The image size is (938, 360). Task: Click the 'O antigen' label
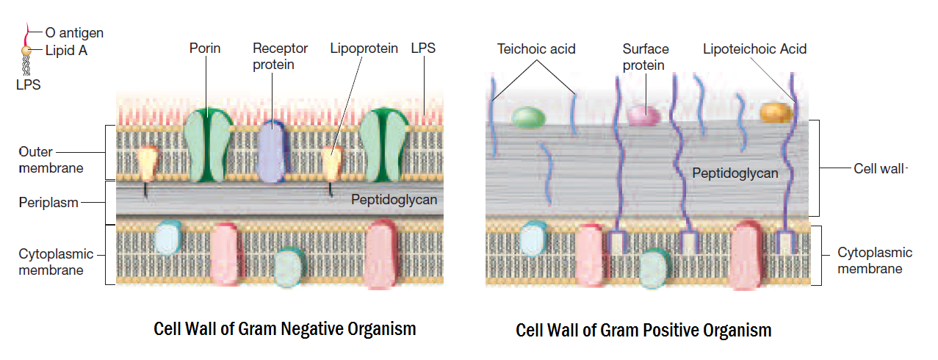point(74,32)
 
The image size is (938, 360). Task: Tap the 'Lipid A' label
point(66,51)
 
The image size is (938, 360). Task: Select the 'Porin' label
point(205,48)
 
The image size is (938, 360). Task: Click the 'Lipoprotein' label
point(364,48)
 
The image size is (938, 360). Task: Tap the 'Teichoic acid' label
point(536,49)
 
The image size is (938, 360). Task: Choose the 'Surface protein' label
point(646,57)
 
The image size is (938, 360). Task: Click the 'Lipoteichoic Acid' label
point(754,49)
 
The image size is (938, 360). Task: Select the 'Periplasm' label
point(48,202)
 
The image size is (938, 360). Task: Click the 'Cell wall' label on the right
point(879,168)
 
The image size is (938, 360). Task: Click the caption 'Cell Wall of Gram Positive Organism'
point(643,330)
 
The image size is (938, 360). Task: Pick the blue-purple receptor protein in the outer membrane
point(270,150)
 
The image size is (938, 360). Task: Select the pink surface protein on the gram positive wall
point(644,115)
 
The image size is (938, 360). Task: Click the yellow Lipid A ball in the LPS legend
point(26,51)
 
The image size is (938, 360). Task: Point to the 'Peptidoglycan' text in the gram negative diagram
point(394,199)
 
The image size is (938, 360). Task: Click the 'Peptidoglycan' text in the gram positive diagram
point(735,174)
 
